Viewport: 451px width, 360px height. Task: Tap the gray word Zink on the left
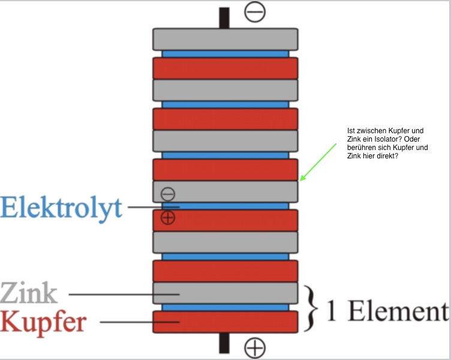point(29,293)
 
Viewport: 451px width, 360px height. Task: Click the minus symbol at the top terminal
point(255,12)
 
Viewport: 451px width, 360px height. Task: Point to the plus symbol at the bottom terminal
point(255,347)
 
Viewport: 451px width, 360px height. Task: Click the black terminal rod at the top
point(224,18)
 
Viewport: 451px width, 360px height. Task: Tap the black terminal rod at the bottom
point(224,343)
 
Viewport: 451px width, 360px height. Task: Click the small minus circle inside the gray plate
point(168,194)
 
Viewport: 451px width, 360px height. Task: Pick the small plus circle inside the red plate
point(168,217)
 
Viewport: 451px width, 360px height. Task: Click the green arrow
point(318,163)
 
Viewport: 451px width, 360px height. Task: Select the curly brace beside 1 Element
point(311,308)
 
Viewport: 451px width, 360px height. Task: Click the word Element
point(399,311)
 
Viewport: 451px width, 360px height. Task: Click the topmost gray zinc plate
point(225,40)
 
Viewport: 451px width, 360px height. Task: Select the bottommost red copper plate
point(225,322)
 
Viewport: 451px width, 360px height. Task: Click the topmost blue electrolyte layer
point(225,54)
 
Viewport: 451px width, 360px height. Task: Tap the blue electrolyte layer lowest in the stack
point(225,307)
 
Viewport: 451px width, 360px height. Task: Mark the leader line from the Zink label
point(124,295)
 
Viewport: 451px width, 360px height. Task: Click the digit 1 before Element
point(332,311)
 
